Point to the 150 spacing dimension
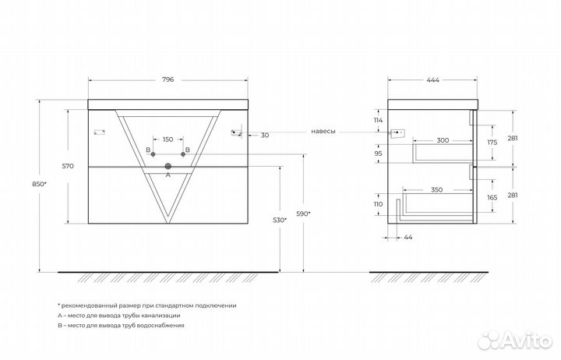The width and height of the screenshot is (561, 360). [168, 139]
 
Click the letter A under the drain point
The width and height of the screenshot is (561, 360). [168, 176]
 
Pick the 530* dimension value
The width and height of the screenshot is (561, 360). [280, 221]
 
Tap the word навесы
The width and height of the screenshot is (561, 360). [323, 131]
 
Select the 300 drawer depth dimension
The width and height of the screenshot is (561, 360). [442, 140]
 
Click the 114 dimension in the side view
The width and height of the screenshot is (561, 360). [378, 120]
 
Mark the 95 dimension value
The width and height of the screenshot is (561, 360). [378, 154]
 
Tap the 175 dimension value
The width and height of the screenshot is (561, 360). [492, 143]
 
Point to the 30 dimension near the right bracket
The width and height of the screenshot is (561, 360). [265, 136]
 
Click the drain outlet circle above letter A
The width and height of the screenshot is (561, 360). [168, 166]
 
